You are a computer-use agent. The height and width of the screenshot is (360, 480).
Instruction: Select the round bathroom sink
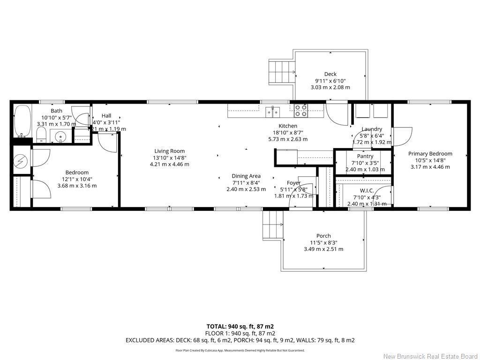(x=60, y=137)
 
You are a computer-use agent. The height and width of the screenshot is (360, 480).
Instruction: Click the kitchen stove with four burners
(x=300, y=111)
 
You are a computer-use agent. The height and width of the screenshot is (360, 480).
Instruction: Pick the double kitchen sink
(x=273, y=112)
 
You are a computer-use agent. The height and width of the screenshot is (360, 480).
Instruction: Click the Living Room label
(x=170, y=151)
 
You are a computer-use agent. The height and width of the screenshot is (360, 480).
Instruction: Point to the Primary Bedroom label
(x=430, y=154)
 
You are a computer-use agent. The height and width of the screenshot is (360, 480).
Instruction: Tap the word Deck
(x=330, y=74)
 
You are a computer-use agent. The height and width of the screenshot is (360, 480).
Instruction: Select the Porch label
(x=323, y=236)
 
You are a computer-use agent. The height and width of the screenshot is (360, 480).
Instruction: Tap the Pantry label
(x=365, y=156)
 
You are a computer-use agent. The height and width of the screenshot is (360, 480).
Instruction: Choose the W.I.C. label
(x=367, y=190)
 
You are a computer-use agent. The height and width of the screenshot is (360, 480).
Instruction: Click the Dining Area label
(x=246, y=176)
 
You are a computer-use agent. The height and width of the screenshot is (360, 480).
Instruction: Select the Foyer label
(x=294, y=183)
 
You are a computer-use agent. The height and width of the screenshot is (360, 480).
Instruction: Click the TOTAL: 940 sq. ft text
(x=240, y=326)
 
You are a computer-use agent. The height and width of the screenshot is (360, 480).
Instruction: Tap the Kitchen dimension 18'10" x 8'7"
(x=288, y=133)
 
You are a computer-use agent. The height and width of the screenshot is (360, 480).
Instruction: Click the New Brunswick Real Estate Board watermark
(x=430, y=356)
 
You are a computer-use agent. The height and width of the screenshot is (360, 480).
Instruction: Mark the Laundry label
(x=372, y=129)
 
